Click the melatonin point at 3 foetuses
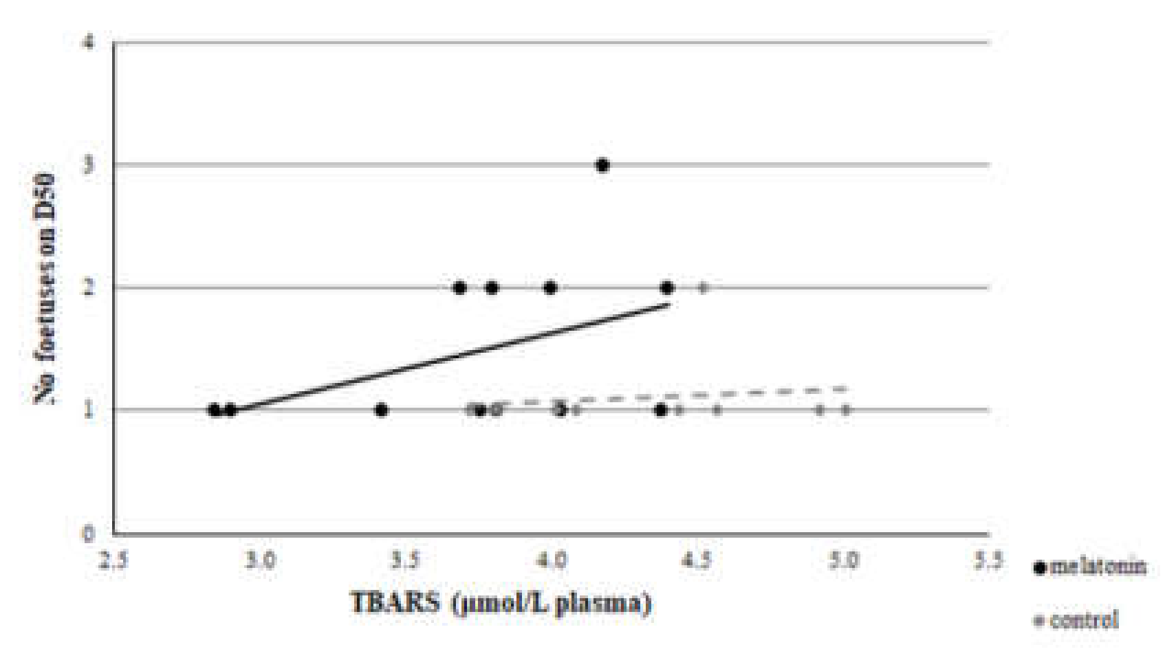602,165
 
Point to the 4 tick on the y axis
88,43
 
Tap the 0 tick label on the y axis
88,534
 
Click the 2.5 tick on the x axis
113,560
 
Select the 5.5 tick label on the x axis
988,560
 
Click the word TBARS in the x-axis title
395,603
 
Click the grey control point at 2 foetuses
703,287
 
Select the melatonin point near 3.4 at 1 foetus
382,410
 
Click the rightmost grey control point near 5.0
846,410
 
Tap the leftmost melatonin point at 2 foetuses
460,287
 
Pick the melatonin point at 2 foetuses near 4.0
550,287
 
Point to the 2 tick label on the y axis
88,287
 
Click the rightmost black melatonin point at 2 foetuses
666,287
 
